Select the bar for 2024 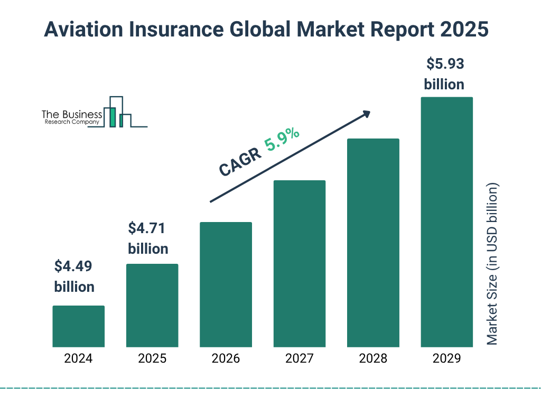point(78,326)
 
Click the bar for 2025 point(152,306)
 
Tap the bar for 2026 point(226,284)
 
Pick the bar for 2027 point(299,264)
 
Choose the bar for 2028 point(373,243)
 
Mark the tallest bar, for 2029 point(446,222)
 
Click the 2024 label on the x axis point(78,358)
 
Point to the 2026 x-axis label point(226,358)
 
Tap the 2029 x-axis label point(446,358)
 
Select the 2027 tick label point(299,358)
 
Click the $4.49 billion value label point(74,276)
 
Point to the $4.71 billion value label point(148,238)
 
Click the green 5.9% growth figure point(282,140)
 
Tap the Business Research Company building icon point(117,112)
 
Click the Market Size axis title point(492,264)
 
